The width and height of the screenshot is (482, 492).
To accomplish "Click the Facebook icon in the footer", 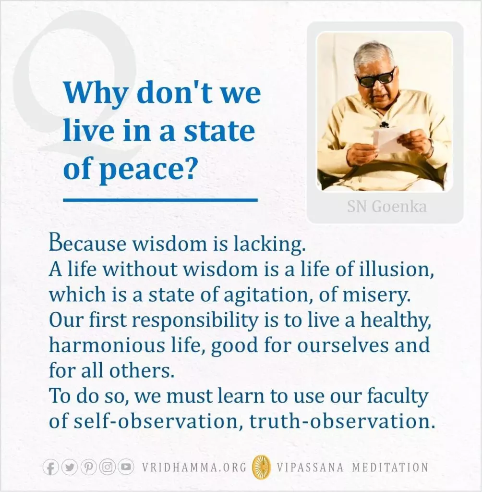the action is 50,467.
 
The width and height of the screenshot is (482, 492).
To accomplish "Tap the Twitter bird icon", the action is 70,467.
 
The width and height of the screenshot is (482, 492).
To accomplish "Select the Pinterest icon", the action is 88,467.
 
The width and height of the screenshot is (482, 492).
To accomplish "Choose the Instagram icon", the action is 107,467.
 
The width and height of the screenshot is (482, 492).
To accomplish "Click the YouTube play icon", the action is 126,467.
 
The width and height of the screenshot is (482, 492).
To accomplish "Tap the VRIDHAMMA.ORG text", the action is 194,467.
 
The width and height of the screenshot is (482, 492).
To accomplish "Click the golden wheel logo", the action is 262,467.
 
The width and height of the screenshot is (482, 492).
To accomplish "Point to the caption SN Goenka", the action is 386,207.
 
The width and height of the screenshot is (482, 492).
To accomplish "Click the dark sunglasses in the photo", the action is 375,79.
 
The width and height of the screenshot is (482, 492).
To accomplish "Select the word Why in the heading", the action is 96,93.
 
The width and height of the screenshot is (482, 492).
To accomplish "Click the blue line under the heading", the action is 160,199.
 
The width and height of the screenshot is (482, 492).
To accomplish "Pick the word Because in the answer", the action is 87,244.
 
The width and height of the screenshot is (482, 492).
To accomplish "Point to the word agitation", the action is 267,295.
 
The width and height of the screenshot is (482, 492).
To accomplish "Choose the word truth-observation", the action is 342,421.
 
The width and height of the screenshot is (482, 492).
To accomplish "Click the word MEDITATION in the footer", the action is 390,467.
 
